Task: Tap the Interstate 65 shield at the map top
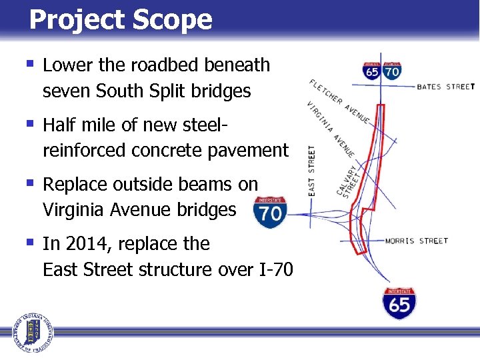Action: coord(372,70)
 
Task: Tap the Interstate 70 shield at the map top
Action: coord(392,70)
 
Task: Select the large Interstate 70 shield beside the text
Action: coord(271,212)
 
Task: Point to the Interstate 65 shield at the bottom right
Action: coord(399,303)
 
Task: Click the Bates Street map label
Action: coord(445,87)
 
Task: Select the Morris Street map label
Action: coord(417,241)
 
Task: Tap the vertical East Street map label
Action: coord(311,171)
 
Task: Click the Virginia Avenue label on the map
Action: coord(331,130)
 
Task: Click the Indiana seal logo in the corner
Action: coord(30,331)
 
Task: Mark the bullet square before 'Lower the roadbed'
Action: coord(29,65)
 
